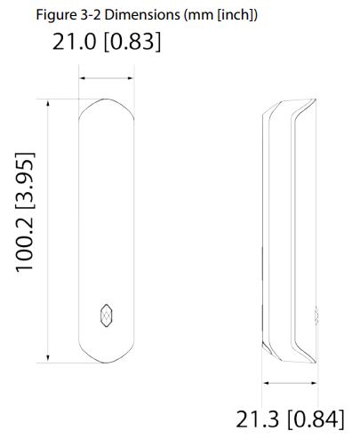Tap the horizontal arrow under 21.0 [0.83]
pos(106,79)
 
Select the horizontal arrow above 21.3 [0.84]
pos(290,383)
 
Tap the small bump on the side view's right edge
pos(316,313)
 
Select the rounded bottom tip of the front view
pos(106,362)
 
